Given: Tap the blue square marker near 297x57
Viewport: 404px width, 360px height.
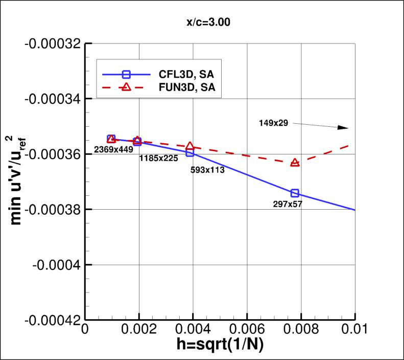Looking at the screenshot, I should point(295,193).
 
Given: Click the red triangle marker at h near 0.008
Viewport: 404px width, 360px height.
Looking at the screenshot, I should point(295,163).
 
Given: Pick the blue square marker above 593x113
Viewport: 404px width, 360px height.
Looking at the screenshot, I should point(190,152).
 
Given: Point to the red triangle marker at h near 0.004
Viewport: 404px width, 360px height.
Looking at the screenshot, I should point(190,146).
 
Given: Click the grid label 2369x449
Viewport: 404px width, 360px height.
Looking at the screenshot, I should point(113,149).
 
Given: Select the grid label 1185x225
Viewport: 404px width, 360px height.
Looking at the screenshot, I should point(158,158).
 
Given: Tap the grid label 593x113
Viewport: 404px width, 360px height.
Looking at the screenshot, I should point(207,170).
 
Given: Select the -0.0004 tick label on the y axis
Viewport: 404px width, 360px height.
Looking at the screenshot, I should point(56,265).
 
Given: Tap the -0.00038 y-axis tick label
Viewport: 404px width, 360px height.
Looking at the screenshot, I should point(52,209).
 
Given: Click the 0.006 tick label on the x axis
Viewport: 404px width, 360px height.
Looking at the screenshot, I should point(247,329).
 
